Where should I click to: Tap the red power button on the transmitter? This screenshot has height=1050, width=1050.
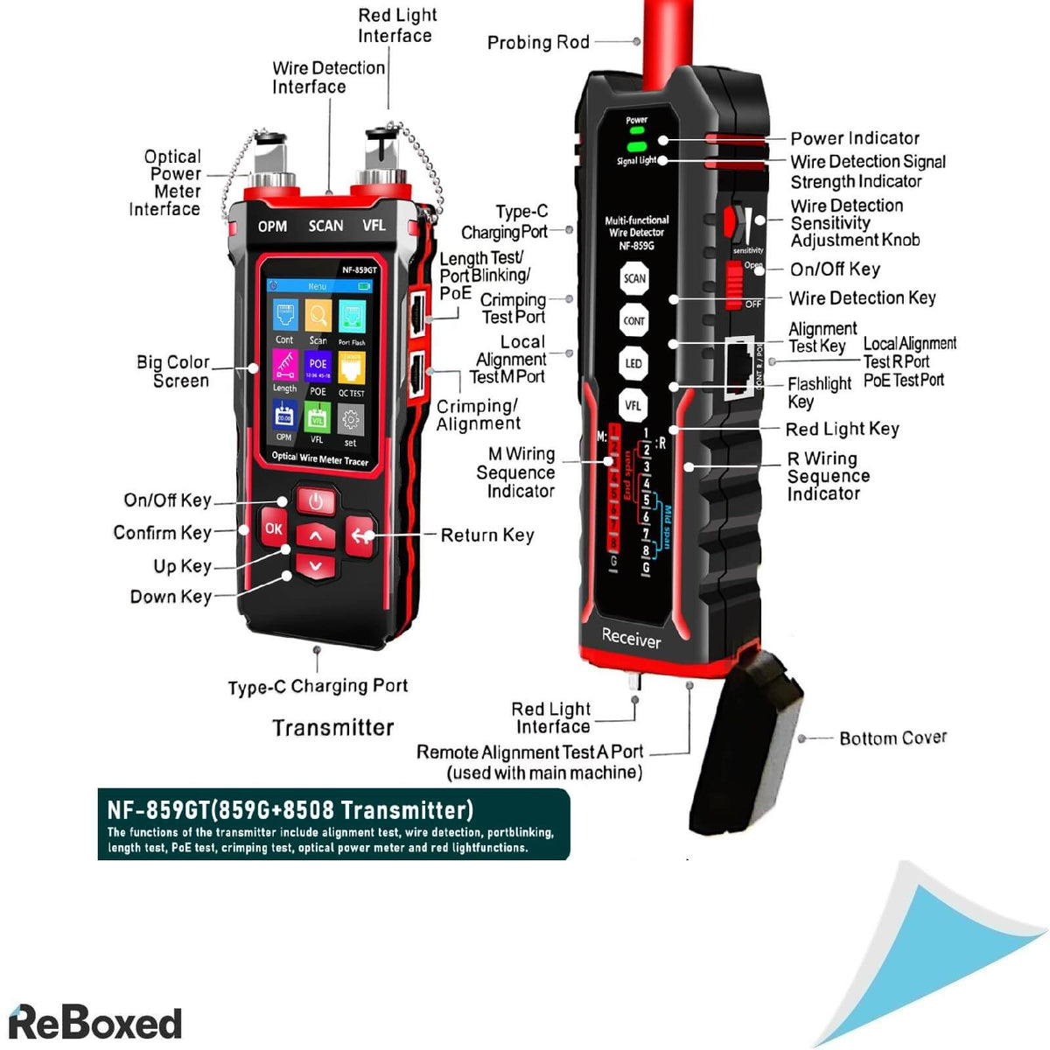[x=316, y=502]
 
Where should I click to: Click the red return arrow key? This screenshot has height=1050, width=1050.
[x=361, y=535]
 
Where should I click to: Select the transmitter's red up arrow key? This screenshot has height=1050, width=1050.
[x=316, y=535]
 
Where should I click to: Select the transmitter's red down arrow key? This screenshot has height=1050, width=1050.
[x=316, y=566]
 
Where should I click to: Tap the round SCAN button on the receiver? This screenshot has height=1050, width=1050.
[x=634, y=279]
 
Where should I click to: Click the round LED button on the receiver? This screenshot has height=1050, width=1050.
[x=633, y=363]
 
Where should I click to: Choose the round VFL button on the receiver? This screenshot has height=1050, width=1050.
[x=633, y=405]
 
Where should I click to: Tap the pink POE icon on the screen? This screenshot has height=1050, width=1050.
[x=318, y=366]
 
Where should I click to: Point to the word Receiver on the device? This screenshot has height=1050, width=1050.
[x=631, y=638]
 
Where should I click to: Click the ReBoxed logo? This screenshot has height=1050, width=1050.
[x=95, y=1023]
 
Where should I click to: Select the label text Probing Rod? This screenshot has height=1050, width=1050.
[x=538, y=42]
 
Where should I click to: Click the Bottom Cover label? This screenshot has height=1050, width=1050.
[x=892, y=738]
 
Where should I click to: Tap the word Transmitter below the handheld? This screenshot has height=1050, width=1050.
[x=333, y=728]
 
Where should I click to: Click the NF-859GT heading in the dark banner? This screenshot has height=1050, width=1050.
[x=290, y=809]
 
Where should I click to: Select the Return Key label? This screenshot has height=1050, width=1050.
[x=486, y=535]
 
